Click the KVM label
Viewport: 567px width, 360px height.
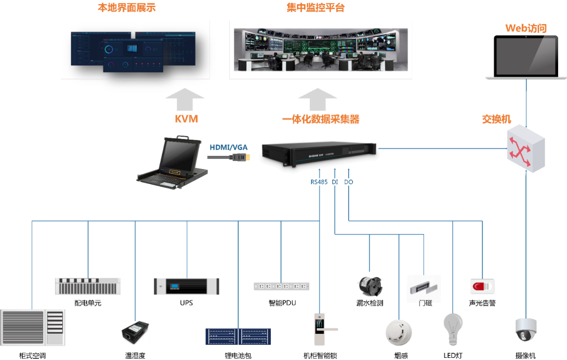[186, 119]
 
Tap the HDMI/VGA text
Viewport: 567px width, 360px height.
[229, 148]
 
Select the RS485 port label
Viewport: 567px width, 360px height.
[319, 182]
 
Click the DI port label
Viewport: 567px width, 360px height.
[335, 182]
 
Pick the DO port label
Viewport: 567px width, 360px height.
[348, 182]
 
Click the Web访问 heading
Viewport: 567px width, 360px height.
[526, 28]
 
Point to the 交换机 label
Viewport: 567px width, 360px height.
[497, 119]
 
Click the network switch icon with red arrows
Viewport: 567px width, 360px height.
[526, 148]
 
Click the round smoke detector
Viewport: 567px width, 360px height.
[398, 332]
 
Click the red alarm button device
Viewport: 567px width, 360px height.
[482, 286]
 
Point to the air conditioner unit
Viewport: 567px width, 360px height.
[33, 327]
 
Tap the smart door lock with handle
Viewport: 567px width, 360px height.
[322, 329]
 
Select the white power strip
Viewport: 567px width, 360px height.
[281, 286]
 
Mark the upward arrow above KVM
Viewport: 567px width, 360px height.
[185, 99]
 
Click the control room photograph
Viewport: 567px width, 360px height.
[321, 50]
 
